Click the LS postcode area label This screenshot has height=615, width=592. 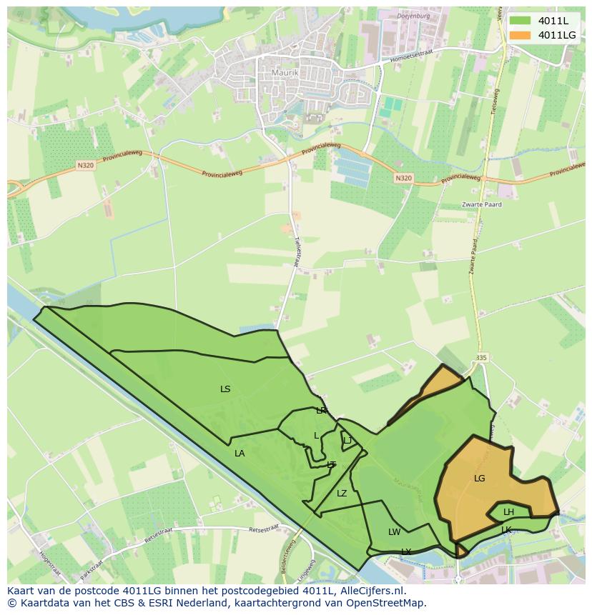[x=225, y=389]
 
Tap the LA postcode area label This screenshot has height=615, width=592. [x=240, y=454]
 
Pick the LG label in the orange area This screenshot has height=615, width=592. [x=479, y=479]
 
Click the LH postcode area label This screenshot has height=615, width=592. [x=508, y=512]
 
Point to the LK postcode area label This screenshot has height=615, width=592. [x=506, y=529]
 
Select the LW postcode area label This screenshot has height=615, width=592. [x=394, y=532]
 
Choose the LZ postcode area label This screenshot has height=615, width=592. [x=342, y=494]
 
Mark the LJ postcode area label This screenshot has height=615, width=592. [x=347, y=441]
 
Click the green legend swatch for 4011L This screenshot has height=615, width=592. [x=521, y=21]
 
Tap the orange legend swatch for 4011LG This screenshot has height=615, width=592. [x=521, y=35]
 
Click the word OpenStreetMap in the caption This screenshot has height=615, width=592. [x=387, y=603]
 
